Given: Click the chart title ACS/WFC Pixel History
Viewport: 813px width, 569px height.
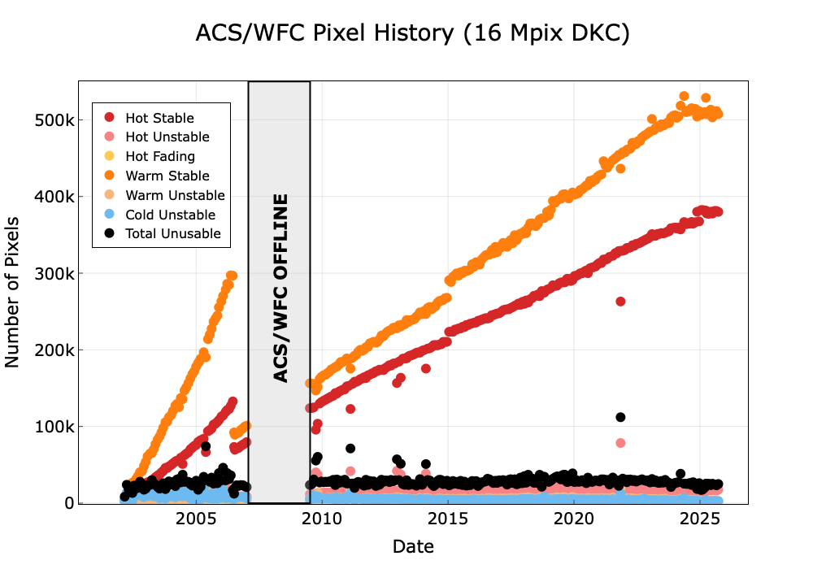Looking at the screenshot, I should point(413,33).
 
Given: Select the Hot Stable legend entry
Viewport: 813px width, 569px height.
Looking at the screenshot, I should point(159,119).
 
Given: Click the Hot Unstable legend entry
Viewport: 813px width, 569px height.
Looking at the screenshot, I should point(167,137).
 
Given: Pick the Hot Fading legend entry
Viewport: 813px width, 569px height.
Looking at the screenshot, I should point(160,156).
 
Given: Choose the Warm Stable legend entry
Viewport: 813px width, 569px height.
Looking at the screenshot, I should point(167,176).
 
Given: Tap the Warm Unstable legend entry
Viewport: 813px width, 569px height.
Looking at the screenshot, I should point(175,195).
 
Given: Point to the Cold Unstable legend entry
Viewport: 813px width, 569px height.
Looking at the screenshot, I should point(170,215).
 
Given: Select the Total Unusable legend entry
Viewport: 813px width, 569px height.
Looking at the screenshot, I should point(172,234).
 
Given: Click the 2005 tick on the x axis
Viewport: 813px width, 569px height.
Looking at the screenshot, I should point(196,519).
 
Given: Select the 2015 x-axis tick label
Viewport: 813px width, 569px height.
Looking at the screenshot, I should point(448,519).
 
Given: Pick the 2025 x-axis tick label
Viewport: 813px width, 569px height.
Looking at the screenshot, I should point(700,519).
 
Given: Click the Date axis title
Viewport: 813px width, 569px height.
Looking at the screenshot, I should point(413,546).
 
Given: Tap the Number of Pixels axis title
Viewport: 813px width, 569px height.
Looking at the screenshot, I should point(13,292).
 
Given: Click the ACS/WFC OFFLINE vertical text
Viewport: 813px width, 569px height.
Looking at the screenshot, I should point(280,289).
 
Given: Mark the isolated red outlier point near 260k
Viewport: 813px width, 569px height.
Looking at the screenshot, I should point(620,302).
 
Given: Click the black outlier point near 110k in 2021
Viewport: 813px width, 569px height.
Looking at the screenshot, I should point(620,417).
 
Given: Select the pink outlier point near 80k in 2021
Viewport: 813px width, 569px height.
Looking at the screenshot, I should point(620,443).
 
